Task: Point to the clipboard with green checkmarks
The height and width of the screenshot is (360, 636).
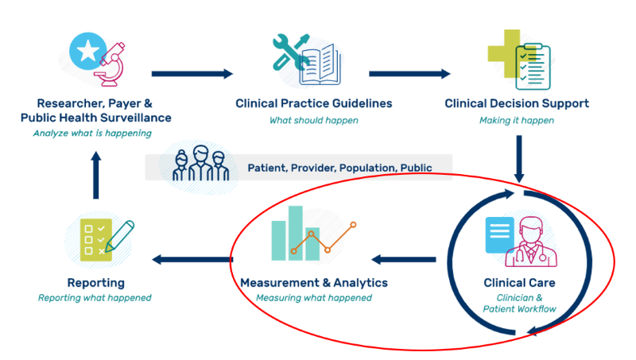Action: pyautogui.click(x=530, y=65)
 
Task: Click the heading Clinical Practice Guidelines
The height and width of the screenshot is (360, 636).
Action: pyautogui.click(x=314, y=103)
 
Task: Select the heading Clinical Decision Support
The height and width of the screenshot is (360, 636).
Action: pyautogui.click(x=517, y=103)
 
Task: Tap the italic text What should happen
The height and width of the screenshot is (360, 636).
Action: pyautogui.click(x=313, y=121)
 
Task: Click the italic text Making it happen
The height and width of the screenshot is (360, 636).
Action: pyautogui.click(x=517, y=121)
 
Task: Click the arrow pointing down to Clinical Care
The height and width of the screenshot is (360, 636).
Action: pyautogui.click(x=518, y=158)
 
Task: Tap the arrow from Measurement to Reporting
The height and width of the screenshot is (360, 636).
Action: pyautogui.click(x=192, y=259)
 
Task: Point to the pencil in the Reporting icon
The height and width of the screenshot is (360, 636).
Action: pyautogui.click(x=119, y=236)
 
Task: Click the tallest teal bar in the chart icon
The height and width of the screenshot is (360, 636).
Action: pyautogui.click(x=296, y=233)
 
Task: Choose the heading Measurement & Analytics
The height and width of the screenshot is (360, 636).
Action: pyautogui.click(x=314, y=283)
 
